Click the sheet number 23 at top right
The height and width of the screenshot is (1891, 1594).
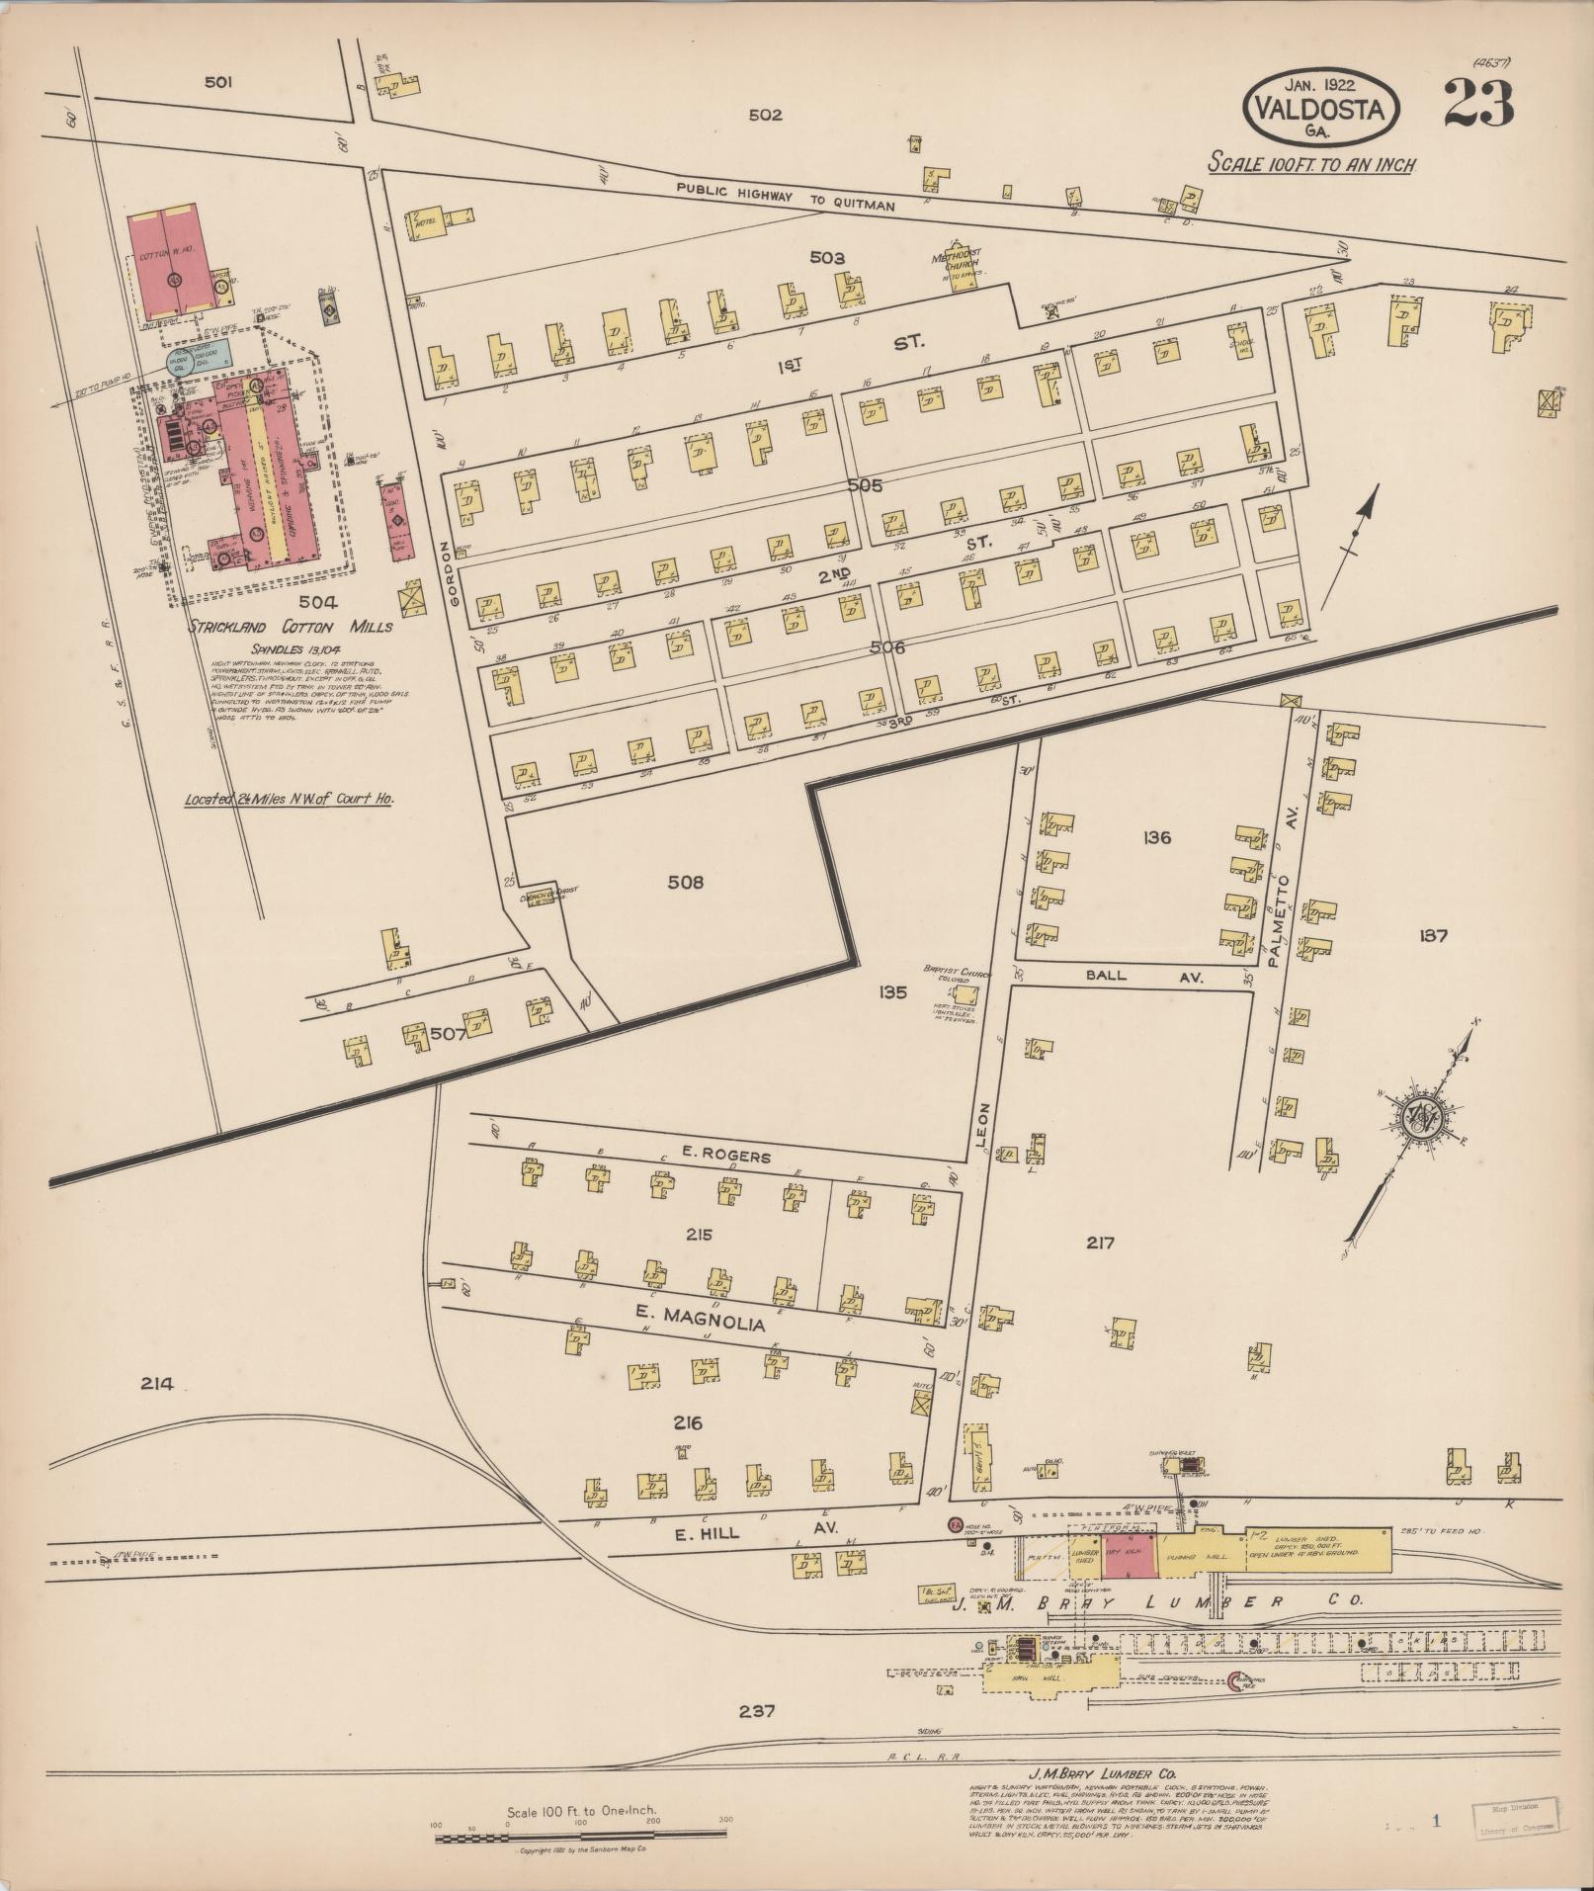(x=1478, y=104)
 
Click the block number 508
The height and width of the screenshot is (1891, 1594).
(x=685, y=882)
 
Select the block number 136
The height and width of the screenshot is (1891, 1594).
(x=1156, y=837)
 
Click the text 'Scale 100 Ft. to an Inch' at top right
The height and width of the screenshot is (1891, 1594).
(x=1312, y=164)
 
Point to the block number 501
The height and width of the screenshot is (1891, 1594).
(x=218, y=83)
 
